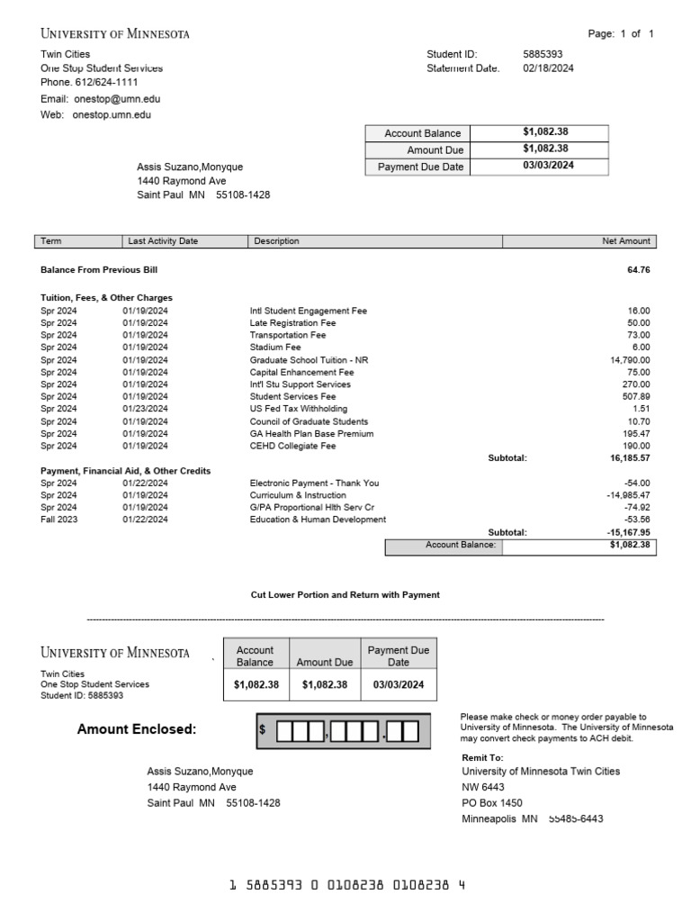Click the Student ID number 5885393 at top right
coord(543,54)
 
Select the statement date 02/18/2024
coord(548,68)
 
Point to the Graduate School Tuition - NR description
coord(309,360)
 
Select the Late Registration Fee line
coord(292,323)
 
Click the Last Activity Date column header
coord(163,241)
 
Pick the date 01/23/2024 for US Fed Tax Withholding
coord(145,409)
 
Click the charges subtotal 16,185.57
coord(629,458)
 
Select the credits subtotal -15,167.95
coord(627,532)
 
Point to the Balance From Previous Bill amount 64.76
coord(638,269)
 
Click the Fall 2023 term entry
coord(59,520)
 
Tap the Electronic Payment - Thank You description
coord(314,484)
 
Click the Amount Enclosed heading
coord(137,729)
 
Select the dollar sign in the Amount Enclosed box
coord(262,730)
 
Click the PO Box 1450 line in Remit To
coord(492,803)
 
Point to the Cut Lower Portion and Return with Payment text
coord(345,595)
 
